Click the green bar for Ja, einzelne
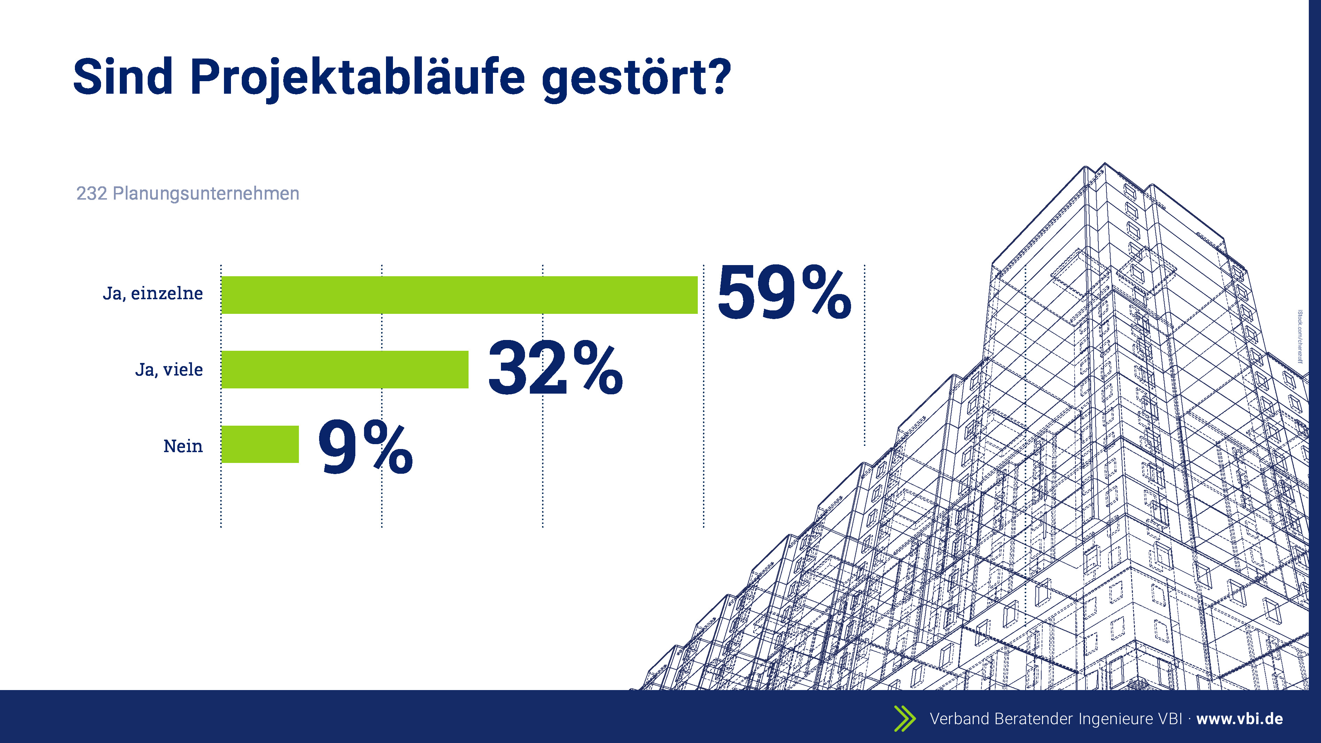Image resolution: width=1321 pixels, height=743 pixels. click(x=459, y=295)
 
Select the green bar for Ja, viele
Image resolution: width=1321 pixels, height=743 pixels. click(x=345, y=370)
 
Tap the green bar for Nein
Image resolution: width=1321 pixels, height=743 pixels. click(x=260, y=444)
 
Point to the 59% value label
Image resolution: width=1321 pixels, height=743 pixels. click(x=784, y=292)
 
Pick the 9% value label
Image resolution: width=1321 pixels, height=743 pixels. click(x=365, y=446)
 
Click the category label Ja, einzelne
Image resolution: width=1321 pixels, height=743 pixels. click(x=153, y=294)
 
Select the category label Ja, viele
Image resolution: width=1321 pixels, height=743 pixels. click(x=169, y=370)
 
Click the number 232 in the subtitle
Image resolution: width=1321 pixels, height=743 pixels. click(x=92, y=193)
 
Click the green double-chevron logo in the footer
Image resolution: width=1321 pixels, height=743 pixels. click(x=905, y=718)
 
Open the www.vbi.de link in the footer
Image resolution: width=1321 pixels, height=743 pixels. click(x=1239, y=719)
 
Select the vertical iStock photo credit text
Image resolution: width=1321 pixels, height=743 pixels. click(x=1300, y=336)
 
